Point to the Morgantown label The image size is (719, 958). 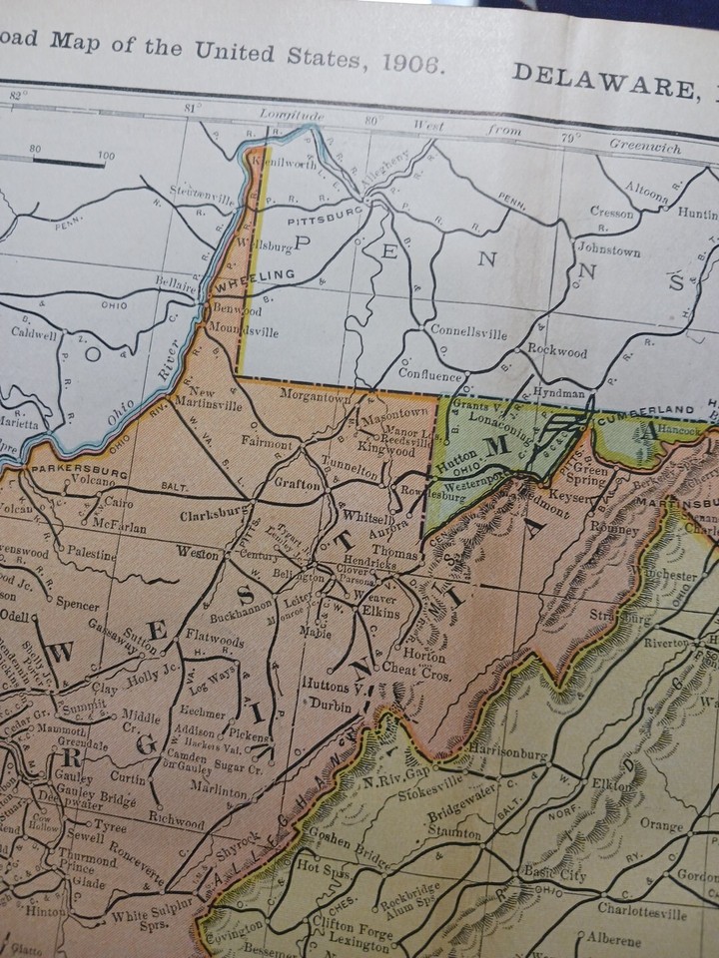(321, 397)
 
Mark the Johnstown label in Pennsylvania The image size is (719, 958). (608, 251)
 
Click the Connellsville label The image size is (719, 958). (466, 329)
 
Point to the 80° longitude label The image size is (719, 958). (373, 120)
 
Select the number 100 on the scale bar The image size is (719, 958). (106, 155)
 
